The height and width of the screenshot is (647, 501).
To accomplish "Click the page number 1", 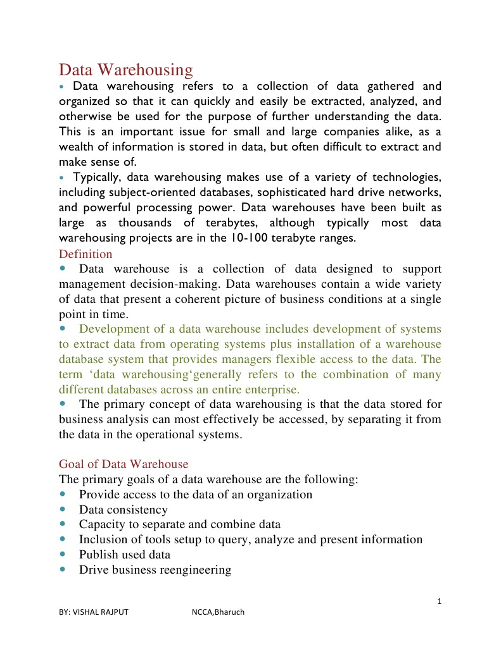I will pos(438,601).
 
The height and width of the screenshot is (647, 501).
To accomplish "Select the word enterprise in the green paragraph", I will pos(270,390).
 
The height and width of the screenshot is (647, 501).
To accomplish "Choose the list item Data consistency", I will pos(124,510).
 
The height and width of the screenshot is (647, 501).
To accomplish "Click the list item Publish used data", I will pos(125,555).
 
